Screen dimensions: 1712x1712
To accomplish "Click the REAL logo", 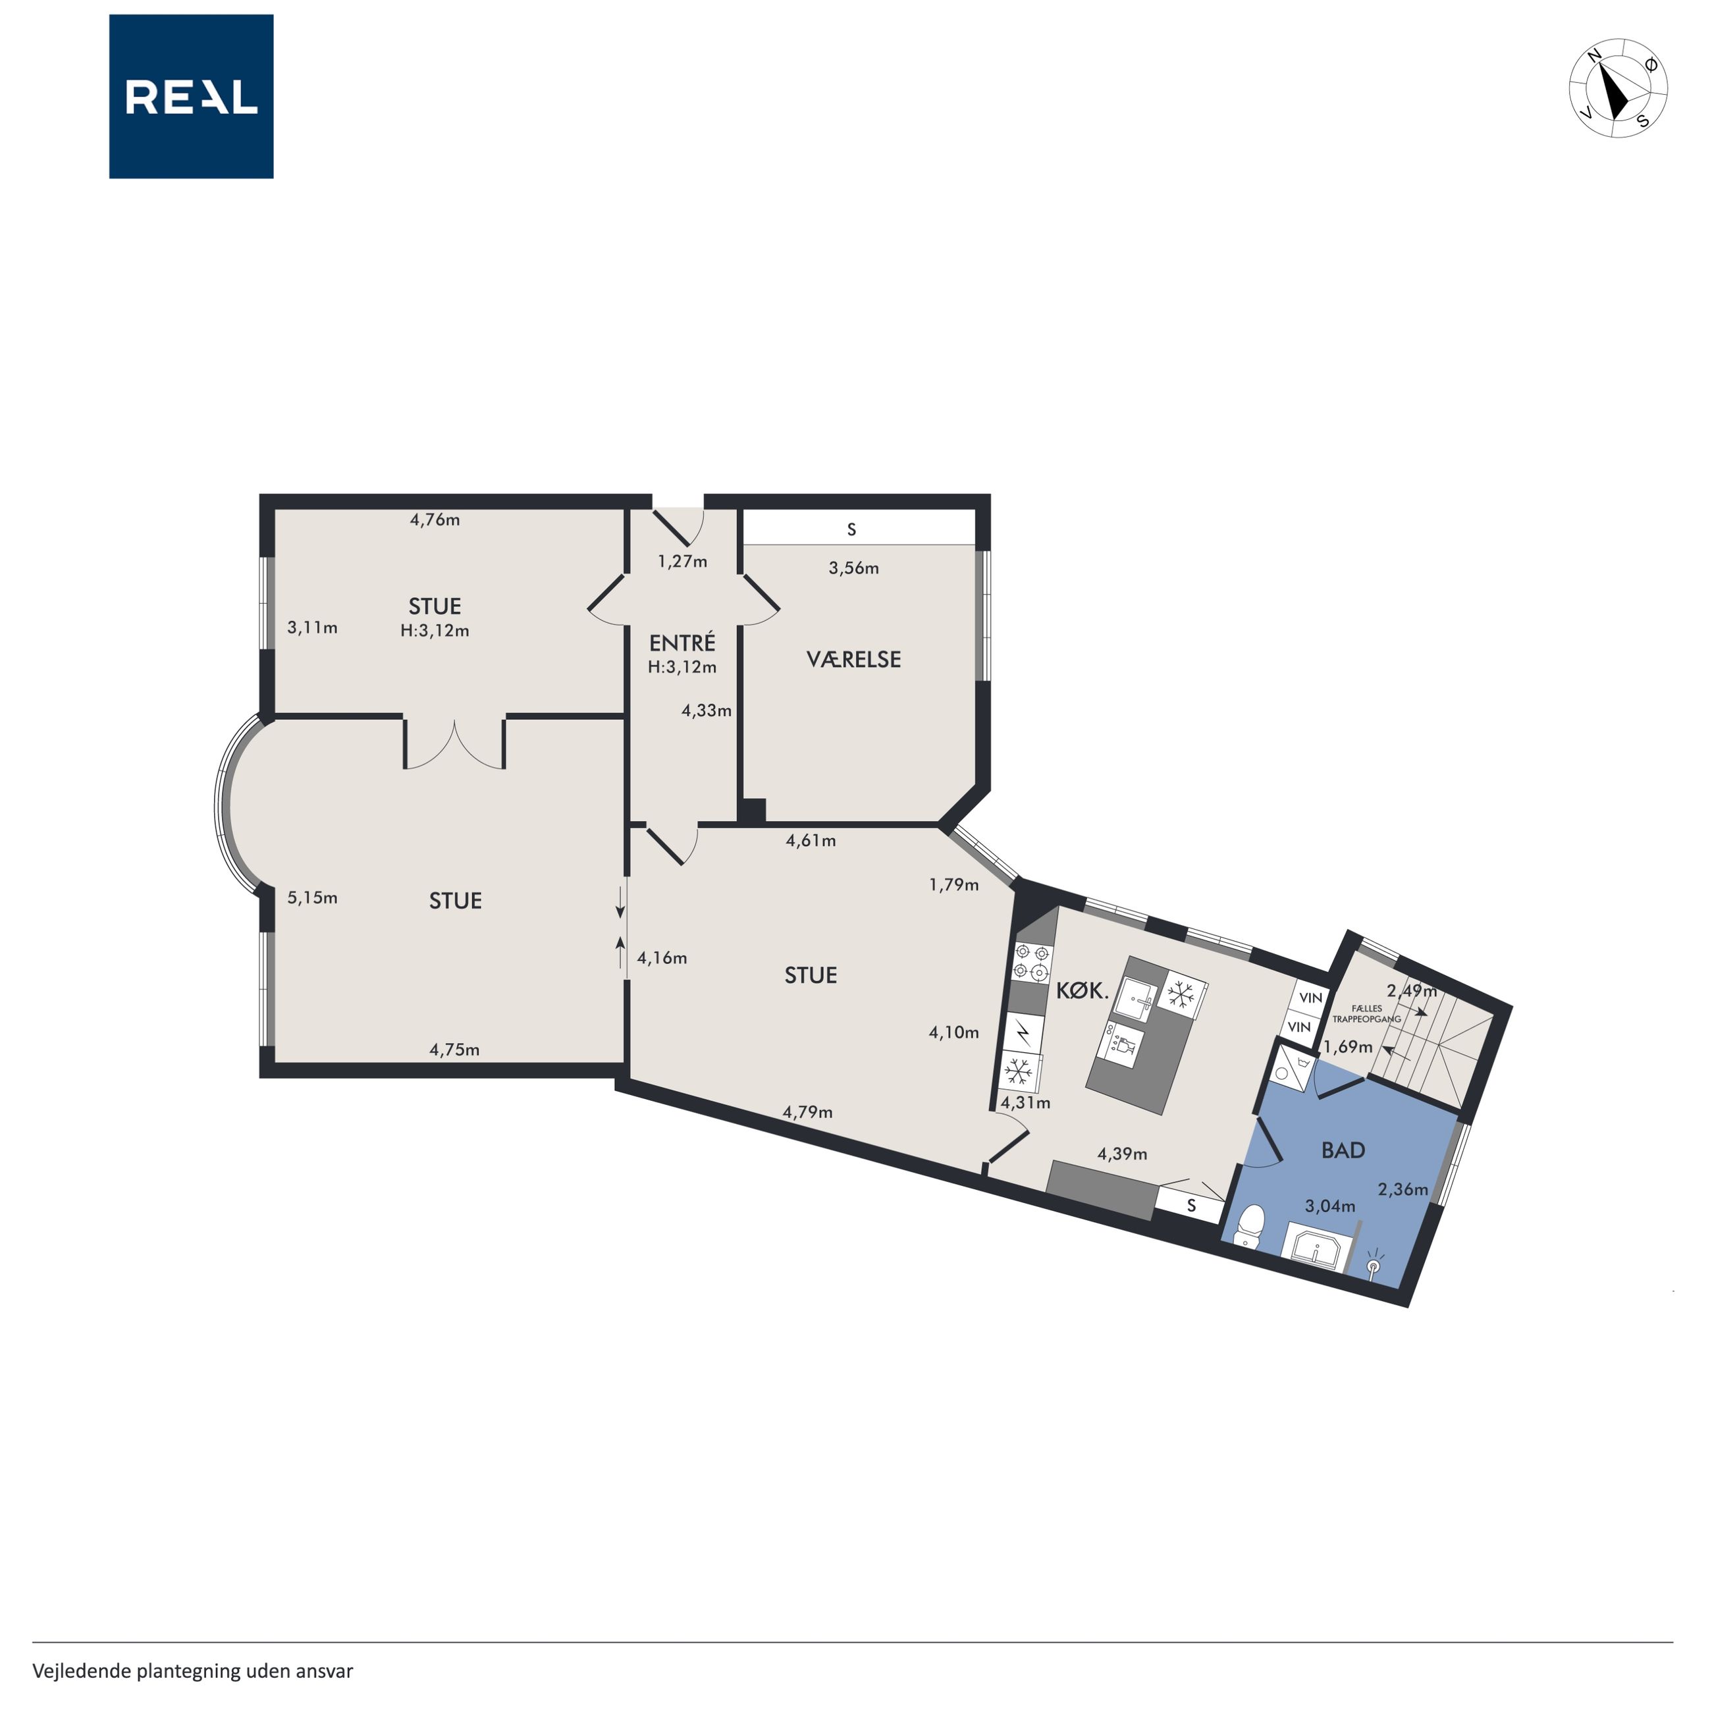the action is pyautogui.click(x=192, y=97).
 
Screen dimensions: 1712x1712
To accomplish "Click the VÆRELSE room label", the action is pyautogui.click(x=853, y=659).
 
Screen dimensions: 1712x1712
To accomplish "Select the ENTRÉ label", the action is pyautogui.click(x=682, y=643).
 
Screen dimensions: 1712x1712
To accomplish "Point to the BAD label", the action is pyautogui.click(x=1343, y=1150).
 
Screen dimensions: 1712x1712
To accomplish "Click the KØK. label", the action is pyautogui.click(x=1082, y=992).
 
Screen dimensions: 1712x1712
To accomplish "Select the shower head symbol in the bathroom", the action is pyautogui.click(x=1374, y=1264).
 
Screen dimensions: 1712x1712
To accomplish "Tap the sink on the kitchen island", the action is pyautogui.click(x=1135, y=1000).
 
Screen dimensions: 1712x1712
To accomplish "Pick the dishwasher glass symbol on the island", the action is pyautogui.click(x=1123, y=1045).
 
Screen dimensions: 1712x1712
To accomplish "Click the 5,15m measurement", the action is pyautogui.click(x=312, y=897).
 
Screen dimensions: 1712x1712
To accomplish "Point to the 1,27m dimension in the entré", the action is pyautogui.click(x=682, y=561).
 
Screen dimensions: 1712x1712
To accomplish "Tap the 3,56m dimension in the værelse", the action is pyautogui.click(x=853, y=568).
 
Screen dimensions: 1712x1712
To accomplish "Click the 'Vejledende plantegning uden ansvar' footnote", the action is pyautogui.click(x=192, y=1671).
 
